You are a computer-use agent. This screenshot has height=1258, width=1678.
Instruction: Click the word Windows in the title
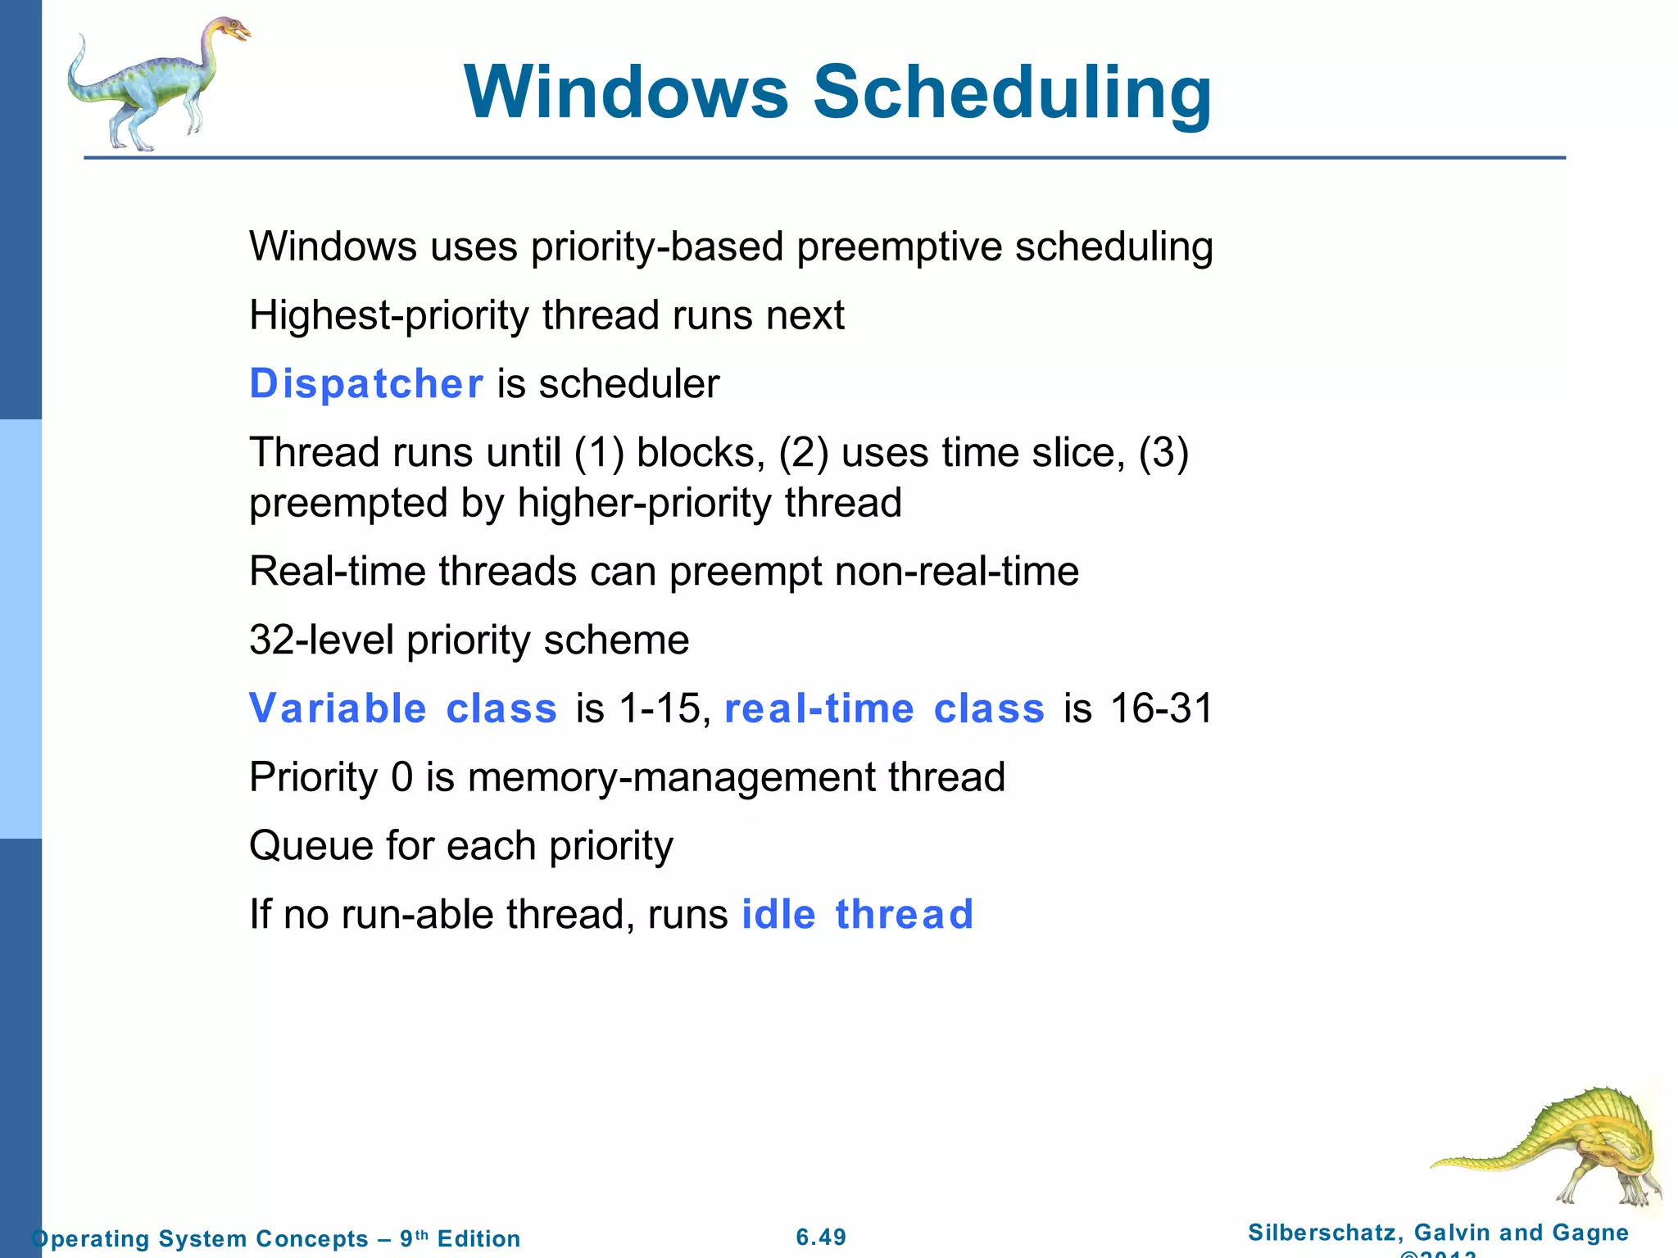[x=626, y=92]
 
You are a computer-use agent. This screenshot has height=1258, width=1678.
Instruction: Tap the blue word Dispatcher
[x=366, y=383]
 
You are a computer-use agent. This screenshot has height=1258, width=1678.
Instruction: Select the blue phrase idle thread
[x=857, y=914]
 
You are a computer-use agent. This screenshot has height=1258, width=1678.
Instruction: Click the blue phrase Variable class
[x=403, y=708]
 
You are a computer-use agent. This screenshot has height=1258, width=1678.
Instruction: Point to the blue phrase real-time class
[x=884, y=708]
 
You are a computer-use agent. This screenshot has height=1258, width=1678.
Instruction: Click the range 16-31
[x=1160, y=708]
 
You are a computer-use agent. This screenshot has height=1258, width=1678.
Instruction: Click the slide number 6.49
[x=821, y=1237]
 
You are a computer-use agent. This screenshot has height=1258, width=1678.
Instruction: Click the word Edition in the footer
[x=478, y=1238]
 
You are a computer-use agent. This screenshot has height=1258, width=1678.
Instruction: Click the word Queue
[x=311, y=845]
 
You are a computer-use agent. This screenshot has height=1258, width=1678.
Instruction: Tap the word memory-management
[x=671, y=777]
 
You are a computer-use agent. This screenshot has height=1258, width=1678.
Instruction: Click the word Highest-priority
[x=389, y=315]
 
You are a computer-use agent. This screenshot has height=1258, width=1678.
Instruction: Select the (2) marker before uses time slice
[x=803, y=453]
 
